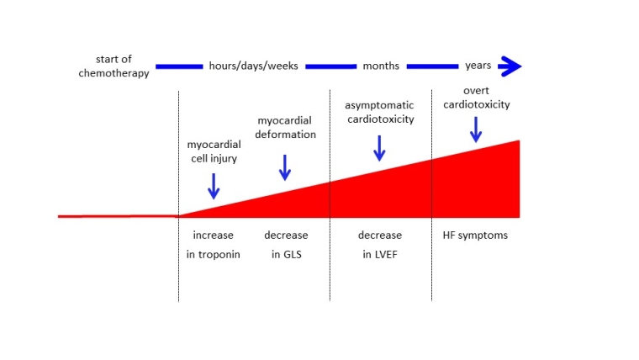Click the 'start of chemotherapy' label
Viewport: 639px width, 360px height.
[x=119, y=66]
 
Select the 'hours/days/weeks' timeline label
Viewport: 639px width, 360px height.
[x=253, y=66]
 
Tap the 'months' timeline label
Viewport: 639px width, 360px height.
[x=381, y=66]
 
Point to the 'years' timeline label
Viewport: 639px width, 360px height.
[x=478, y=66]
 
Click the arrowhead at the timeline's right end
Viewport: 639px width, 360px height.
[x=510, y=66]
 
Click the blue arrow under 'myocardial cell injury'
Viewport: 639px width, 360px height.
[x=214, y=185]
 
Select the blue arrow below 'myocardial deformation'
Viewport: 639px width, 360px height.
[x=285, y=167]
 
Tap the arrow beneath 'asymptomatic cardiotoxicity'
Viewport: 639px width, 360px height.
[x=379, y=147]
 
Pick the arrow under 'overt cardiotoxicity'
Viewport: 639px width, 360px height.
[x=476, y=129]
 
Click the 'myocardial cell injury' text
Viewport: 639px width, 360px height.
[x=214, y=151]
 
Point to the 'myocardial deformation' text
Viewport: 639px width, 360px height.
[x=286, y=128]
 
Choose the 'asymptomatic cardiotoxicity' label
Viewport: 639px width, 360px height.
[x=380, y=112]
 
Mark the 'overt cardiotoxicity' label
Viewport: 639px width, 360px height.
[x=477, y=98]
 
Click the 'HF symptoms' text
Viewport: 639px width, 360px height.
[x=475, y=236]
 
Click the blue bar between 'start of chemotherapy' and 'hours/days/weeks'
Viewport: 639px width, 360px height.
[x=179, y=66]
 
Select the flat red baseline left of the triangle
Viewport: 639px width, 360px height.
[x=118, y=216]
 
